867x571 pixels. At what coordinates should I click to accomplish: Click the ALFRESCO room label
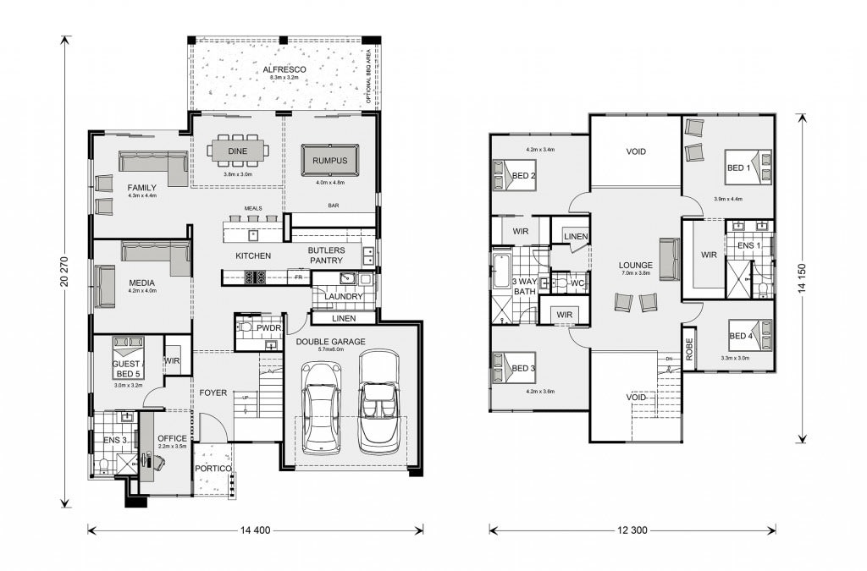tap(284, 69)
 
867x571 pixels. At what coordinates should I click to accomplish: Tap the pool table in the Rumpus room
tap(329, 159)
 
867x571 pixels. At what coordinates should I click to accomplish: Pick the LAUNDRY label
tap(344, 297)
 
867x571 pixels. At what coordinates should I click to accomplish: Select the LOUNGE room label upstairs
tap(635, 265)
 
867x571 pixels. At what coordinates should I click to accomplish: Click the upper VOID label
tap(636, 152)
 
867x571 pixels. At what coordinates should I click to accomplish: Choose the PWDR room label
tap(270, 327)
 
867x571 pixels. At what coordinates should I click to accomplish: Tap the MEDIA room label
tap(141, 283)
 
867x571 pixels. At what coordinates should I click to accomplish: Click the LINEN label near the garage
tap(344, 318)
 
